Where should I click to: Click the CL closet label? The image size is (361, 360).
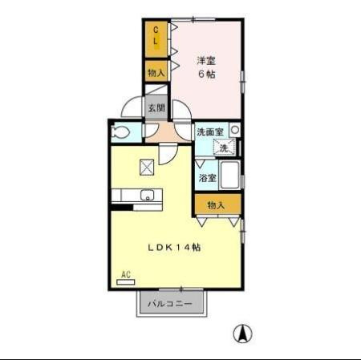coord(156,36)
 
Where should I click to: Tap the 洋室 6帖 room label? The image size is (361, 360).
coord(206,67)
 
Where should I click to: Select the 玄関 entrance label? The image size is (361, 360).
coord(156,108)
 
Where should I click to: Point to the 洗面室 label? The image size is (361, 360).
coord(210,131)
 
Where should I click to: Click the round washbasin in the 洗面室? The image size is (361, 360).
coord(235,129)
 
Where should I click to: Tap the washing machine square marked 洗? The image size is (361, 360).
coord(224,147)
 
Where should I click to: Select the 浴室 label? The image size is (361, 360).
coord(207,177)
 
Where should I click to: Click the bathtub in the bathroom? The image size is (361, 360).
coord(230,175)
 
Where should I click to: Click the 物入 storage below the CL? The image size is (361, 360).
coord(156,71)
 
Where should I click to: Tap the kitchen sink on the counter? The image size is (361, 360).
coord(147,195)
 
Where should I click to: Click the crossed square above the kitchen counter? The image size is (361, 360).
coord(147,168)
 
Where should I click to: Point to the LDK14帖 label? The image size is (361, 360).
coord(174,248)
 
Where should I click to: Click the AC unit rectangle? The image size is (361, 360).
coord(126,282)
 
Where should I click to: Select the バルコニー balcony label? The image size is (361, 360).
coord(170,304)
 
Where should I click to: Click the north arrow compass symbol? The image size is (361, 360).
coord(242,334)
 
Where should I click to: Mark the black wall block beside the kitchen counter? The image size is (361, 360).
coord(122,208)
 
